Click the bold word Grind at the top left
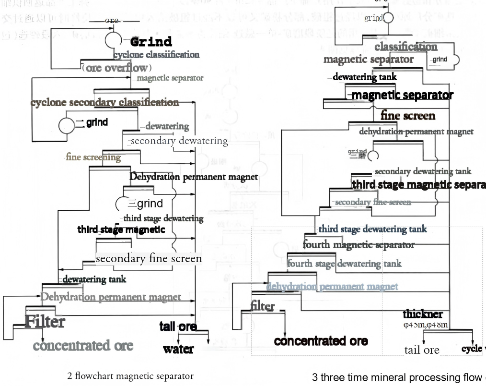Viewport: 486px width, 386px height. [x=151, y=41]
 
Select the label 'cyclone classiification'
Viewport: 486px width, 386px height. [x=156, y=55]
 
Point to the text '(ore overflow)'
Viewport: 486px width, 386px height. [x=117, y=68]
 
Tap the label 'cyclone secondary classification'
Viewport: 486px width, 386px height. [x=104, y=102]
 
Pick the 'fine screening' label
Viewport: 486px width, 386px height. [x=93, y=157]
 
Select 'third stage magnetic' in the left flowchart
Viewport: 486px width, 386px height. [x=121, y=229]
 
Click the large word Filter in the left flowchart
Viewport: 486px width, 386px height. [x=45, y=321]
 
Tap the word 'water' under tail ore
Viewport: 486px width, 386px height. [x=178, y=349]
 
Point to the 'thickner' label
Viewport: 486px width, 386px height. [x=423, y=314]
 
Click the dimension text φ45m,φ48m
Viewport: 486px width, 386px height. [x=426, y=325]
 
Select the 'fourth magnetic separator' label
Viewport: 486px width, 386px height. [x=359, y=245]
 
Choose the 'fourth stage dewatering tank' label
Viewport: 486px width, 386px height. [x=344, y=264]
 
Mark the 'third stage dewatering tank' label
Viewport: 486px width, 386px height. [x=372, y=229]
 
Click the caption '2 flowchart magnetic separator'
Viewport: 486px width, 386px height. [x=130, y=376]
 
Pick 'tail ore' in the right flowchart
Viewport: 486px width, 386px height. [x=422, y=350]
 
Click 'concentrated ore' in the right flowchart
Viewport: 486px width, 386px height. [x=321, y=341]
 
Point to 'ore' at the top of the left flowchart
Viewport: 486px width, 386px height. [x=111, y=21]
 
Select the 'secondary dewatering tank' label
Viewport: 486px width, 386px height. [x=423, y=171]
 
